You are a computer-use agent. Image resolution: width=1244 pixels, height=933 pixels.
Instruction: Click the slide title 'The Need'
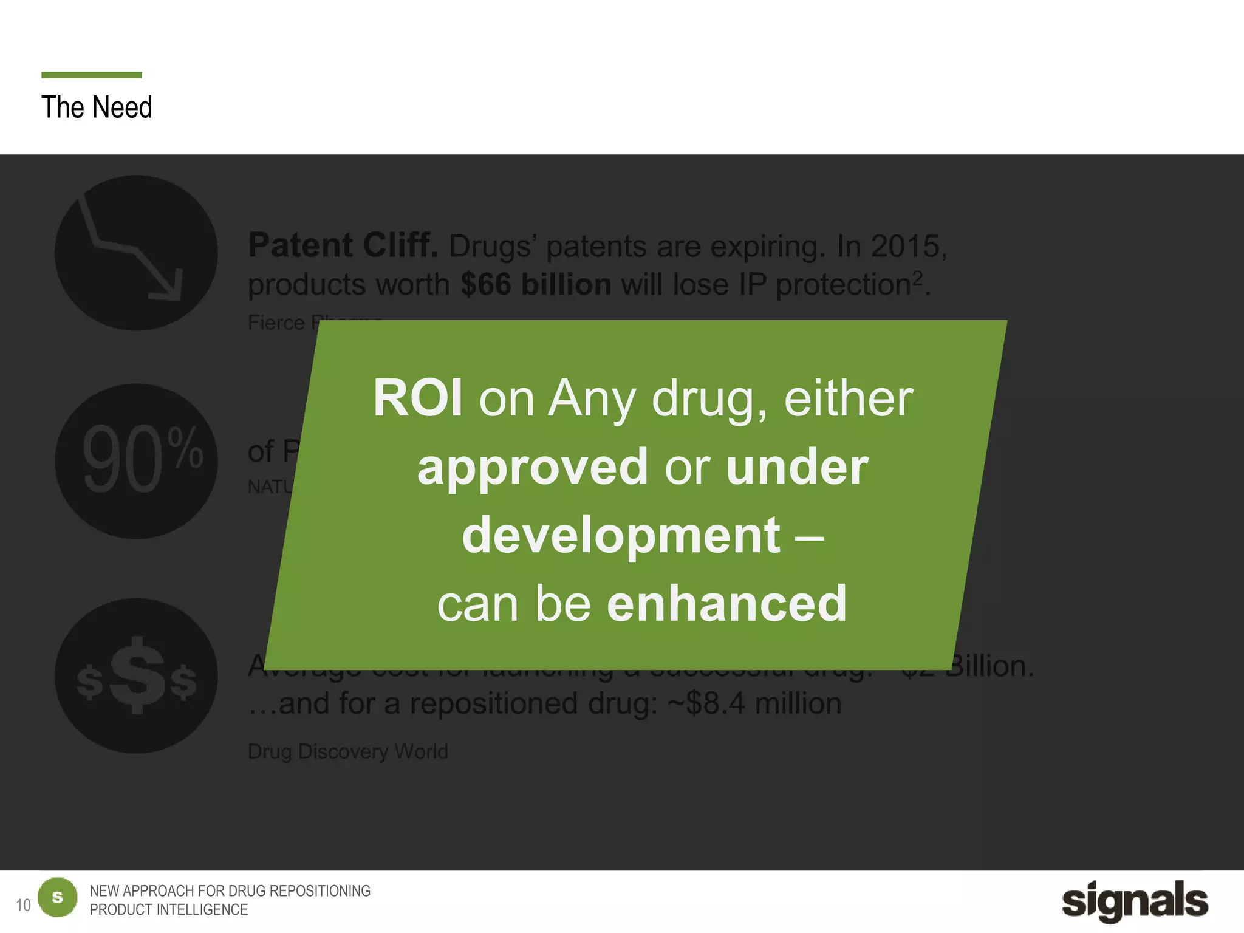point(97,108)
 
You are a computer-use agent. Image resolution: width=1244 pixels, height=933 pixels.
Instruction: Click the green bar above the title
point(91,75)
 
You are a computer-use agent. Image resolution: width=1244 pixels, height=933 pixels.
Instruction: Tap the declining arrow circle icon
point(136,253)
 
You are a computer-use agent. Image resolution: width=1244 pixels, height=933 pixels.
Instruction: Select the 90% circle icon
point(136,461)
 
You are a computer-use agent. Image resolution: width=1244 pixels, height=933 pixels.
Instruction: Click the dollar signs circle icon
point(136,675)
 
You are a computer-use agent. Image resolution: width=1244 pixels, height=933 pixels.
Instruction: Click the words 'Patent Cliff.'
point(343,245)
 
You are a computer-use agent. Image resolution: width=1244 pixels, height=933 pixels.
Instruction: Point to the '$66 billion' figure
point(536,284)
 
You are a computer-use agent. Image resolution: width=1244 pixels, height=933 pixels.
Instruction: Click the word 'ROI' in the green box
point(418,398)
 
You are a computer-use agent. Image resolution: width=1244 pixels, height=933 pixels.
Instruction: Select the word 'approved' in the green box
point(533,466)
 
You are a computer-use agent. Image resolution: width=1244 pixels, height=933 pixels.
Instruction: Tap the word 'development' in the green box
point(621,535)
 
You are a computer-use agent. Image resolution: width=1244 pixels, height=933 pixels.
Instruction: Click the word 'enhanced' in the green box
point(726,604)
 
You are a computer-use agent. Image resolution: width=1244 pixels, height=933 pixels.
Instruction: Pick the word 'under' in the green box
point(797,466)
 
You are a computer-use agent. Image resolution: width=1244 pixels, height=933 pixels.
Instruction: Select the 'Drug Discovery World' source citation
point(347,751)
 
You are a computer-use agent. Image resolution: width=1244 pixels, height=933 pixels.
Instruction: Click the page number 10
point(23,905)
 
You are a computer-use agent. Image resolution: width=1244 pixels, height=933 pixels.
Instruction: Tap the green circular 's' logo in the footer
point(58,897)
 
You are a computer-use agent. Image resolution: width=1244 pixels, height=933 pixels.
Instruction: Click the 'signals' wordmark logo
point(1135,901)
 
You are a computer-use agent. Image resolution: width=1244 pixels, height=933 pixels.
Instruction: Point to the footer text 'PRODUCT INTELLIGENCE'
point(169,909)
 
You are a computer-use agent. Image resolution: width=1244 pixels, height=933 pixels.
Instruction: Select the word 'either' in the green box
point(849,398)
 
